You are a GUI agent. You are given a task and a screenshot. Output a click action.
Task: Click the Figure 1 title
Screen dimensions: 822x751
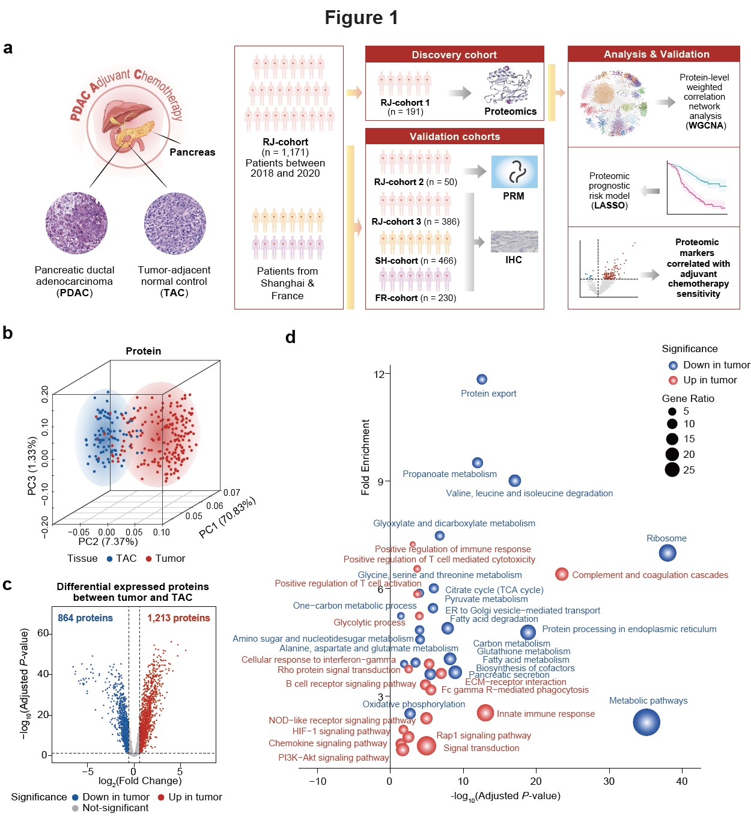[x=361, y=17]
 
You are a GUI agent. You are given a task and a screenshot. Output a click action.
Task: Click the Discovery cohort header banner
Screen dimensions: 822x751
[x=454, y=55]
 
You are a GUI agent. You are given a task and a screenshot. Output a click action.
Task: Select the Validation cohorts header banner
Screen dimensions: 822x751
[x=454, y=136]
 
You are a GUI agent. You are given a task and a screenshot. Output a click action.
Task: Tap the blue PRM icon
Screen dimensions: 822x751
[x=514, y=172]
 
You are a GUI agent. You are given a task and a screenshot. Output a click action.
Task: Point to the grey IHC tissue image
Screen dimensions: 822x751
[x=514, y=242]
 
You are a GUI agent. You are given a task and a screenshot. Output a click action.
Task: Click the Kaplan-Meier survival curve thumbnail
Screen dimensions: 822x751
[x=696, y=187]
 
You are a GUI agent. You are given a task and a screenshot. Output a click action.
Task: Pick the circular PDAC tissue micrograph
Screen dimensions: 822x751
[x=76, y=224]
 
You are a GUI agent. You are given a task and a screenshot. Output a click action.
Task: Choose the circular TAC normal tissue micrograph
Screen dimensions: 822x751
[x=175, y=224]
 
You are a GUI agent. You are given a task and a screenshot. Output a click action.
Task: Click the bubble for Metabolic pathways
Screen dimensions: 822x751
[x=646, y=722]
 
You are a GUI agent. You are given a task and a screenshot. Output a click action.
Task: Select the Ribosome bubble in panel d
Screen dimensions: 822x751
[x=667, y=553]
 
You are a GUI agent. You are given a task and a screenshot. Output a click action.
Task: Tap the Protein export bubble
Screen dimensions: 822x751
[x=482, y=379]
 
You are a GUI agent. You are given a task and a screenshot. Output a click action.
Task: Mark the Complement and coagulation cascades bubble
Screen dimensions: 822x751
[x=562, y=574]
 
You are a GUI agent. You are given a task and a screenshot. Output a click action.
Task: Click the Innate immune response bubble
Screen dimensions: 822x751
[x=485, y=713]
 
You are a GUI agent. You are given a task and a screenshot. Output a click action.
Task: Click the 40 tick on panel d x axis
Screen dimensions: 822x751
[x=682, y=781]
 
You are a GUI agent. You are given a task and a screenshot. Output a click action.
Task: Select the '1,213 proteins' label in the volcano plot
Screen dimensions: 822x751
[x=178, y=618]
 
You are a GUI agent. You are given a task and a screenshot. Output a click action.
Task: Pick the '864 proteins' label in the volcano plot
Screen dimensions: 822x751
[x=85, y=618]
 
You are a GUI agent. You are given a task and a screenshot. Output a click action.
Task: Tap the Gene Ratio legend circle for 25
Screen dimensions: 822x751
[x=672, y=470]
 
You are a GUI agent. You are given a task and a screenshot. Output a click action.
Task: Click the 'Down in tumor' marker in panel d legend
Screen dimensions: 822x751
[x=673, y=365]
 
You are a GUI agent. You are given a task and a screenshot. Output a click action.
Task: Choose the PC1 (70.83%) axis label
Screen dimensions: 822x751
[x=228, y=517]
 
